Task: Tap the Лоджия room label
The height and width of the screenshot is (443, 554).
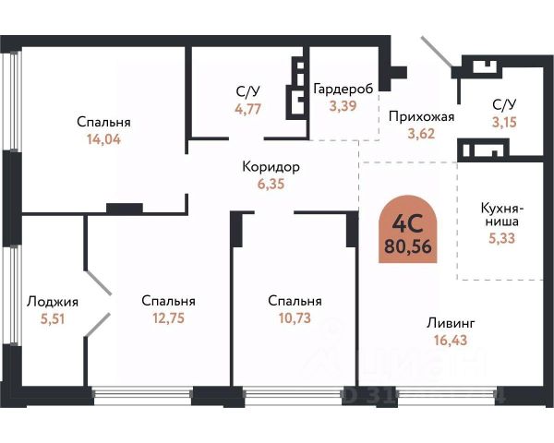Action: pyautogui.click(x=53, y=301)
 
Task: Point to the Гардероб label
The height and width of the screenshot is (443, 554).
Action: pyautogui.click(x=343, y=89)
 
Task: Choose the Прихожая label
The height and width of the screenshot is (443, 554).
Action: pyautogui.click(x=422, y=116)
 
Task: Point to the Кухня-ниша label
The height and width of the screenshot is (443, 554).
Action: pyautogui.click(x=504, y=214)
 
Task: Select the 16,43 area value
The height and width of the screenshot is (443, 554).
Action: pyautogui.click(x=451, y=341)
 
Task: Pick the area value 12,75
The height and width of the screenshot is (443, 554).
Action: pyautogui.click(x=168, y=318)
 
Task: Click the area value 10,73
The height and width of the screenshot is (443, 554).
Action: pyautogui.click(x=295, y=318)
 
